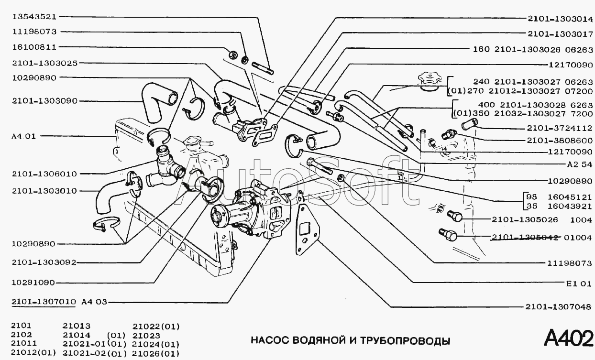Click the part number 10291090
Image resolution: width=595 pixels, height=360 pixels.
(x=34, y=282)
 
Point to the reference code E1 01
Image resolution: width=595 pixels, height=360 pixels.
(x=579, y=283)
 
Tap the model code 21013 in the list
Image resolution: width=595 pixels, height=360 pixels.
(x=77, y=327)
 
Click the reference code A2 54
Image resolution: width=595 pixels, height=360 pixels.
(x=579, y=164)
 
